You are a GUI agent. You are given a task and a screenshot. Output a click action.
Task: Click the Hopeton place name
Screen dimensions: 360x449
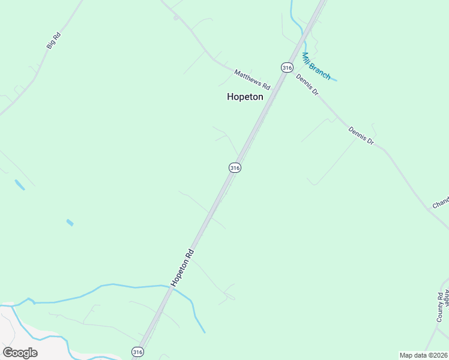point(245,97)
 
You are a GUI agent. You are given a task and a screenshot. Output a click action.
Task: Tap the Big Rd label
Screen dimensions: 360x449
point(53,40)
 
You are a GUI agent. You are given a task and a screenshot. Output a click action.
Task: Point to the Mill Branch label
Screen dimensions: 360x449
point(316,66)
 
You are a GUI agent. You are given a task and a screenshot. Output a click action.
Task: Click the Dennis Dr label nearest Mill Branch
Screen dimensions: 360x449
point(306,85)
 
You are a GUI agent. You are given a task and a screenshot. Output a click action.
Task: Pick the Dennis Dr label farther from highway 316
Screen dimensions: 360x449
point(361,136)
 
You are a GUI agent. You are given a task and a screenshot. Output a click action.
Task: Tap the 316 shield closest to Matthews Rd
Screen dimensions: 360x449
point(286,67)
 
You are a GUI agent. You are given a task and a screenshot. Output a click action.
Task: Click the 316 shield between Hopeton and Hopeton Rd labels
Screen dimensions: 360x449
point(235,168)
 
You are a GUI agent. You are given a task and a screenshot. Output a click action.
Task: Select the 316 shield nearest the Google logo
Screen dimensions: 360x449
point(138,352)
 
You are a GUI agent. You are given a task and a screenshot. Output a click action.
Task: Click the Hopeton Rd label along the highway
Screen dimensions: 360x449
point(182,266)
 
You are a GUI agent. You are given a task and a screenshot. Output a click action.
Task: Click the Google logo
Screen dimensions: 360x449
point(20,352)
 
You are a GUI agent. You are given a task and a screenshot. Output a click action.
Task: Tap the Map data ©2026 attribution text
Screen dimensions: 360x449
point(423,355)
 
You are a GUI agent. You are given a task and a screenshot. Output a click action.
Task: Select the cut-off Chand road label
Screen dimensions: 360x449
point(441,203)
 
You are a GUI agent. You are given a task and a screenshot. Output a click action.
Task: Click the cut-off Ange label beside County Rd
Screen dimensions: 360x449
point(445,297)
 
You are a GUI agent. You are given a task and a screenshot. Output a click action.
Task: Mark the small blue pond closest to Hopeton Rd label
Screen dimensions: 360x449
point(70,223)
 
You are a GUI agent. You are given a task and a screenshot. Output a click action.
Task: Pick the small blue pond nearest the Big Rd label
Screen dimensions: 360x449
point(20,185)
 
